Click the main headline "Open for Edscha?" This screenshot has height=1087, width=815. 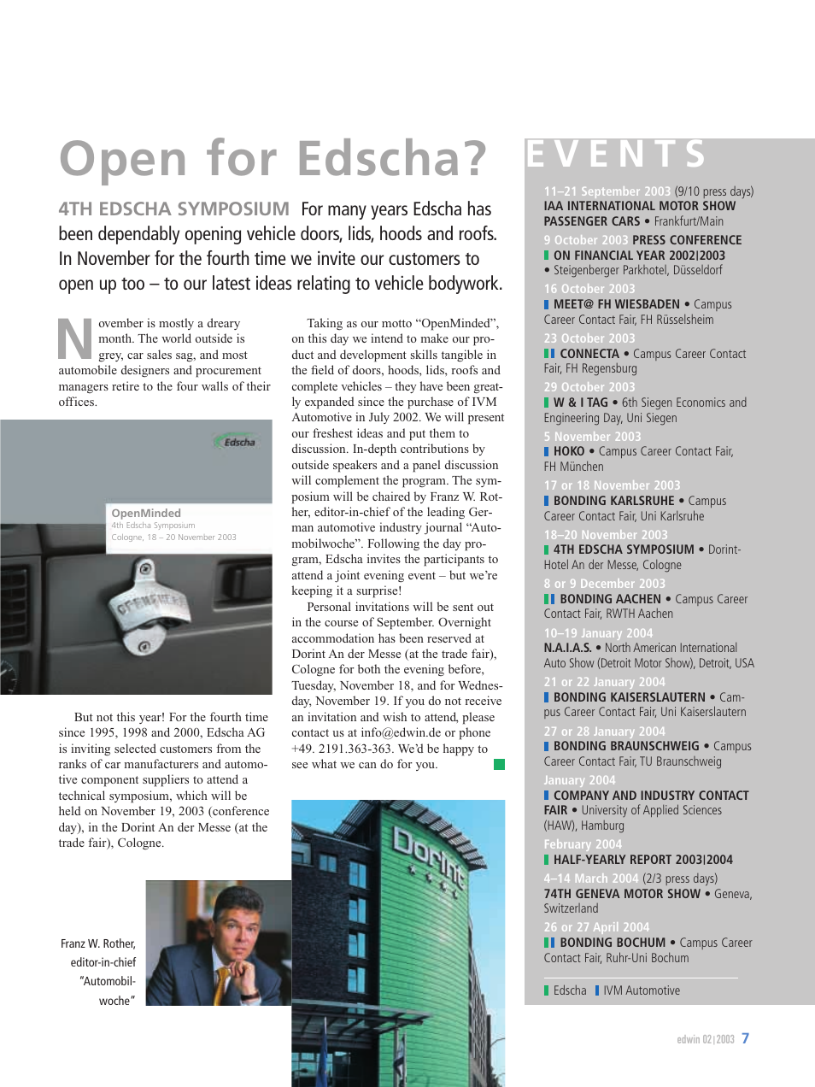coord(273,160)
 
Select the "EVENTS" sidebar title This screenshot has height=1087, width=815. coord(616,155)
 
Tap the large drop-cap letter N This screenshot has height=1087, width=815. coord(75,339)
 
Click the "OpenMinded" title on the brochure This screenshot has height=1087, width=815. coord(146,513)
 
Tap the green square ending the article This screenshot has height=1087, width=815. coord(499,764)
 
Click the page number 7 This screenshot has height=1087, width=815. coord(746,1038)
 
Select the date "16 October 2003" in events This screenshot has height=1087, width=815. coord(589,289)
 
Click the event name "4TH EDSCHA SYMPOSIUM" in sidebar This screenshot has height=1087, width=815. coord(624,549)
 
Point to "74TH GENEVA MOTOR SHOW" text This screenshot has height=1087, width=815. coord(622,894)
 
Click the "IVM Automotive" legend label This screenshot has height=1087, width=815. coord(642,990)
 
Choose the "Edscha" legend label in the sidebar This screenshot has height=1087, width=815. coord(570,990)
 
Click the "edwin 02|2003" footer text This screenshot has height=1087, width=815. coord(705,1039)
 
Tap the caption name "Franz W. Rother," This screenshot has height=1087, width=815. coord(98,943)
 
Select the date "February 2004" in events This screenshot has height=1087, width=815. coord(583,844)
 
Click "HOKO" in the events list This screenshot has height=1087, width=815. coord(569,451)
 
